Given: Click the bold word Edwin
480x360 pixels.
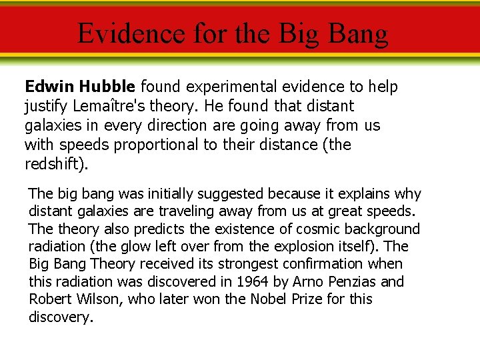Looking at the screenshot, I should click(x=49, y=87).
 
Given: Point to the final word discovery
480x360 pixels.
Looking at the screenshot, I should click(x=60, y=317).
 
